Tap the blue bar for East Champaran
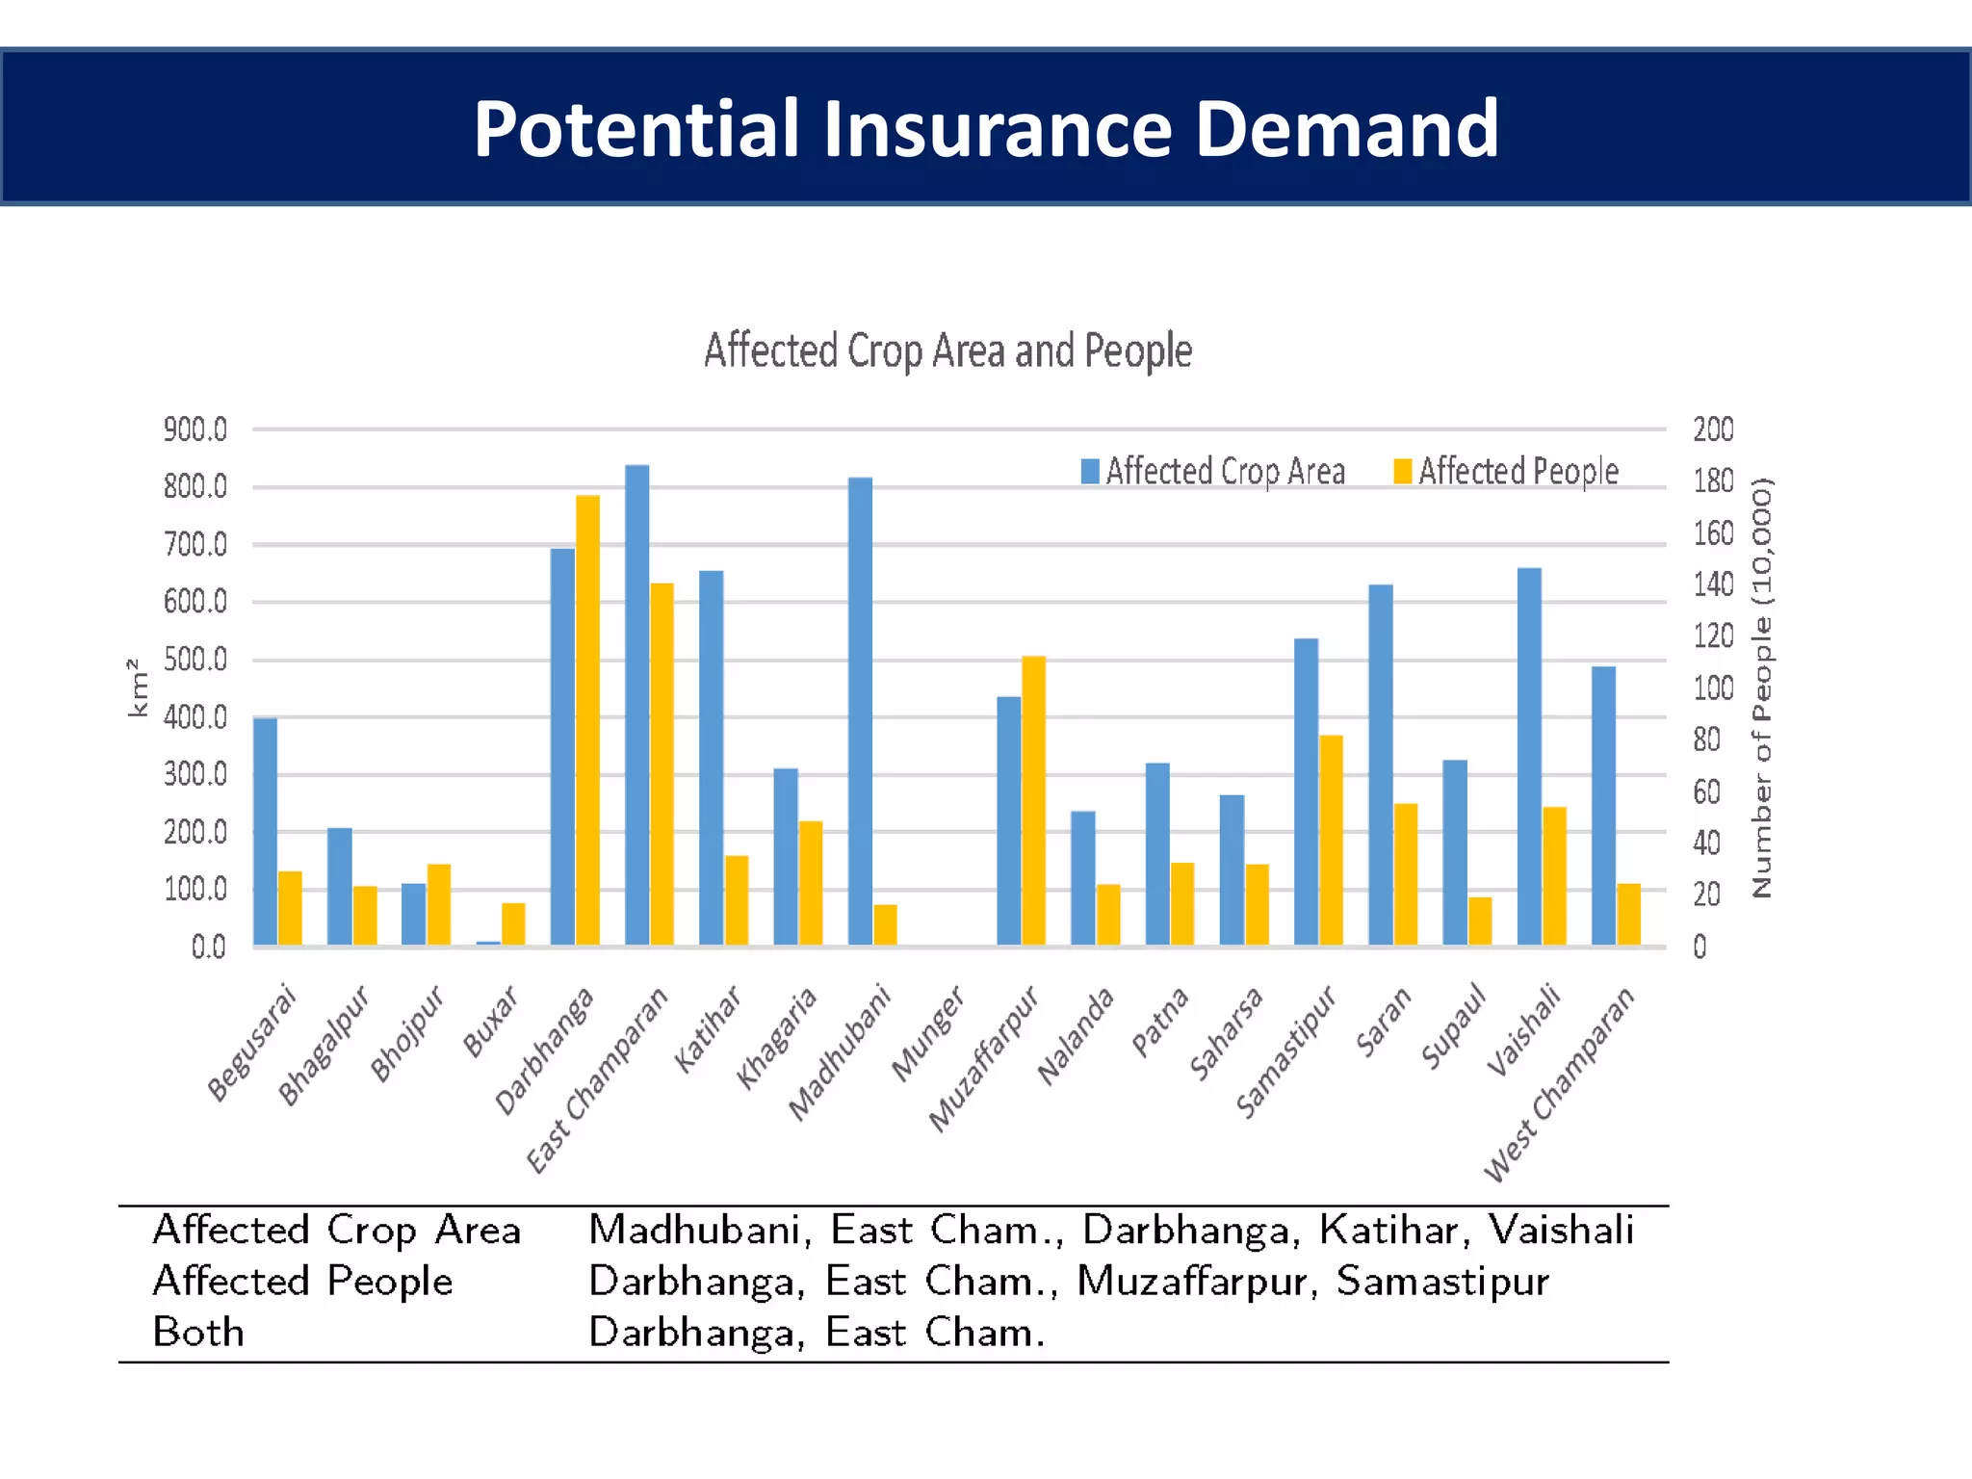[x=636, y=704]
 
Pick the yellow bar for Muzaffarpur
[x=1033, y=799]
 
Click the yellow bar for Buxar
[x=513, y=923]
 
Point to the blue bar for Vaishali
[x=1529, y=756]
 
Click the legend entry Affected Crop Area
[x=1213, y=471]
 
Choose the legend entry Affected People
[x=1507, y=471]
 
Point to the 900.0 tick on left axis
[x=195, y=429]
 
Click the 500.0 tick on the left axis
[x=195, y=660]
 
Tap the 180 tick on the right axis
[x=1713, y=480]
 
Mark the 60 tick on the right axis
[x=1706, y=791]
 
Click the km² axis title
[x=138, y=688]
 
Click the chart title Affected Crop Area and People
[x=947, y=350]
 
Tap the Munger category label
[x=927, y=1034]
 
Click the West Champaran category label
[x=1560, y=1083]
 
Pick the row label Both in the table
[x=198, y=1333]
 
